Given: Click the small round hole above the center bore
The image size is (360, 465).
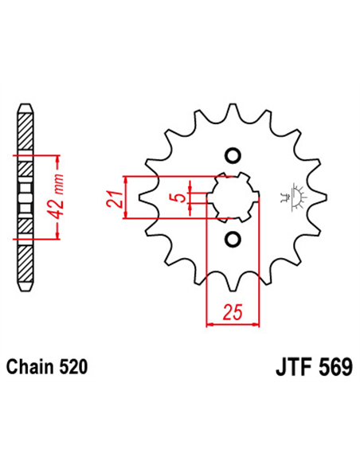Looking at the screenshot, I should pos(233,154).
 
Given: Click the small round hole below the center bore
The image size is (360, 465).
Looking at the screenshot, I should pos(233,240).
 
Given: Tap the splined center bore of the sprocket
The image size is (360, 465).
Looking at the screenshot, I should pos(233,197).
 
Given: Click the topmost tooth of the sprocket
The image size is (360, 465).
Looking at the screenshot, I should pos(233,111).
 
